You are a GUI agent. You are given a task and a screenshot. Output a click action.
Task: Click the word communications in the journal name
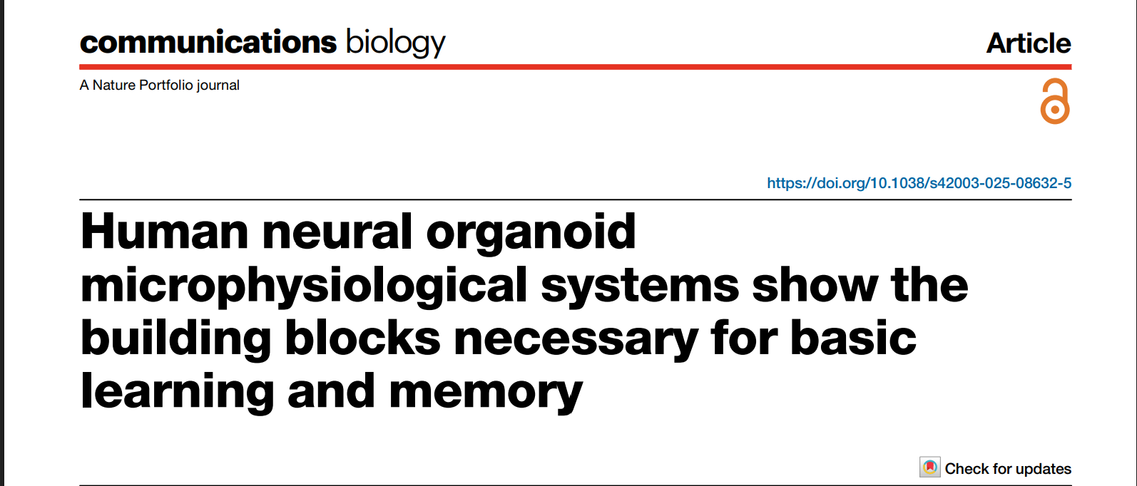(x=208, y=43)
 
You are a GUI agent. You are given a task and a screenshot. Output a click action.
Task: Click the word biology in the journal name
(x=395, y=43)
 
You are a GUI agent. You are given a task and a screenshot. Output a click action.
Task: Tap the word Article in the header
(x=1028, y=43)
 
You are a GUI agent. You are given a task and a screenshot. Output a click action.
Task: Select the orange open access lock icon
(x=1055, y=102)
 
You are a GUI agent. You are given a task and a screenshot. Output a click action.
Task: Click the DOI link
(x=919, y=183)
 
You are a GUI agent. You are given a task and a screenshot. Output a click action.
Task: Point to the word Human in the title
(x=165, y=232)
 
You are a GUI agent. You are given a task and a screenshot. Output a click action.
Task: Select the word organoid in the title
(x=531, y=233)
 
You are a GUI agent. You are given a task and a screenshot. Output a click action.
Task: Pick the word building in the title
(x=176, y=338)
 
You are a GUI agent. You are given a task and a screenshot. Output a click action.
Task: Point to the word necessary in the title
(x=576, y=340)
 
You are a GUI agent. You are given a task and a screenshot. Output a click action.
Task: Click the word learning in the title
(x=178, y=393)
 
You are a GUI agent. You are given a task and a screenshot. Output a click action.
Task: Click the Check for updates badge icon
(x=930, y=468)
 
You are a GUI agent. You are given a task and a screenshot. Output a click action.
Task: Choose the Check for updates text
(x=1008, y=469)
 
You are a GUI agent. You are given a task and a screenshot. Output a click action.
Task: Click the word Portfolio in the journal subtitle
(x=166, y=85)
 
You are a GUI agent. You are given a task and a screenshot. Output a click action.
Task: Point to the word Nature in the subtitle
(x=114, y=85)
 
